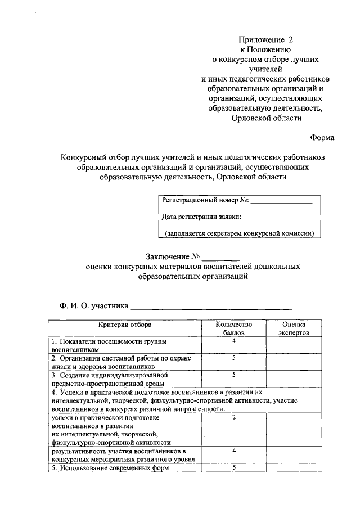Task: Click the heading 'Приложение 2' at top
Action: click(266, 40)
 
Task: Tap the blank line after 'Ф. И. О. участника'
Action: click(211, 307)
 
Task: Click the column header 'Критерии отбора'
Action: click(124, 325)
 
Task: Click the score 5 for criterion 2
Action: click(233, 358)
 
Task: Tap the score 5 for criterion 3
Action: click(233, 374)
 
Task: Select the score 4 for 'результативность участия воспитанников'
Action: click(233, 451)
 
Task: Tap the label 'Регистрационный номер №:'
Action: click(205, 200)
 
